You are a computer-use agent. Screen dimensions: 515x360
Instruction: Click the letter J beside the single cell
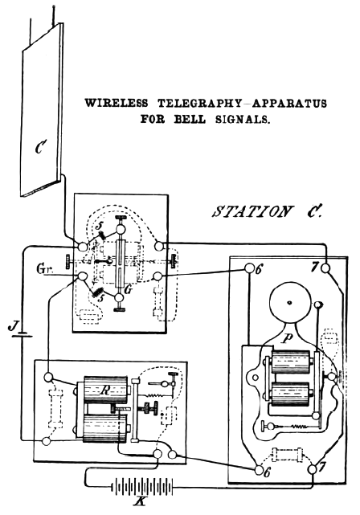[x=11, y=327]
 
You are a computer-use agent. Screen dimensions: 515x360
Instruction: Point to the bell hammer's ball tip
[x=318, y=305]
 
